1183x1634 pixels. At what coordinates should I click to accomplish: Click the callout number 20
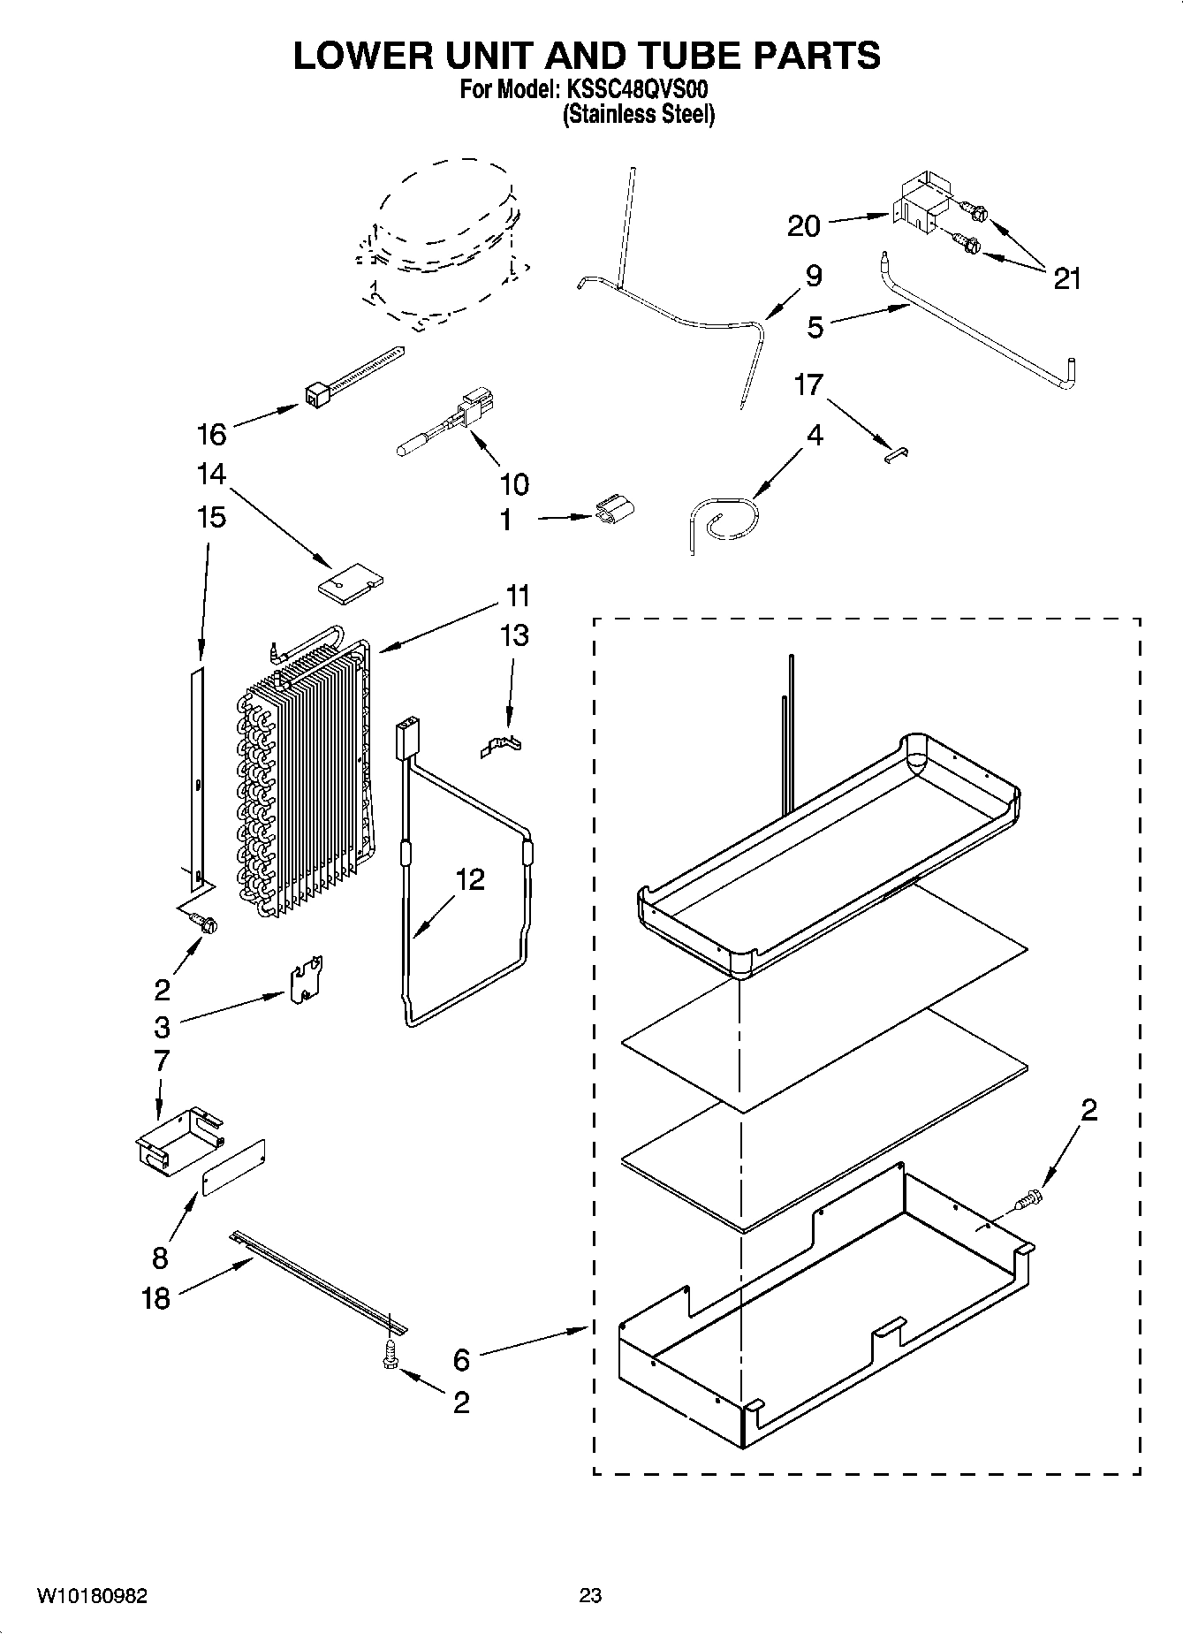pos(803,226)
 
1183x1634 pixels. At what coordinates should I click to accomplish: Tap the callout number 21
pos(1067,279)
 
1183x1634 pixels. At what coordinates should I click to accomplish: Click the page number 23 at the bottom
pos(590,1595)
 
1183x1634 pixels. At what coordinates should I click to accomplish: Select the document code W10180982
pos(92,1596)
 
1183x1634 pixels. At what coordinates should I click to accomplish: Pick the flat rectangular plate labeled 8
pos(234,1167)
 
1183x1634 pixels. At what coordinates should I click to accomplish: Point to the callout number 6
pos(461,1360)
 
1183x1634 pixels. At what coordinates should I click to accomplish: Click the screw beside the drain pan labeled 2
pos(1029,1200)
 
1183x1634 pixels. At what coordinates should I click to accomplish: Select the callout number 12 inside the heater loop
pos(470,879)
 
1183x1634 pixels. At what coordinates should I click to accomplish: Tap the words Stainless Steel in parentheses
pos(639,115)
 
